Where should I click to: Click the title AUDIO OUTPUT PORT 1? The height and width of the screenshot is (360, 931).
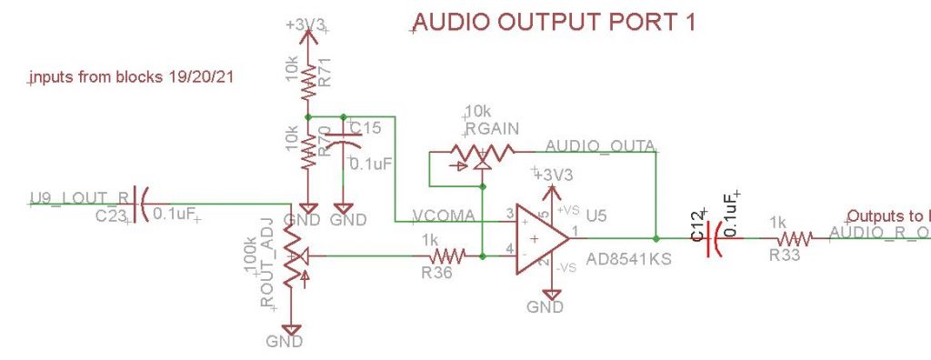coord(555,23)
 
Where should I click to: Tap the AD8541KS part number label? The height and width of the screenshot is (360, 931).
coord(628,259)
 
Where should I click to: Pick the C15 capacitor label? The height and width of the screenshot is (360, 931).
coord(365,128)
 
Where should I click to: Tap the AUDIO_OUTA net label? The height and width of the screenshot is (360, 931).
coord(600,146)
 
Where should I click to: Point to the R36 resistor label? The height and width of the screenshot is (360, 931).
coord(438,272)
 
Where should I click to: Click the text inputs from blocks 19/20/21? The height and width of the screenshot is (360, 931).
coord(132,79)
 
